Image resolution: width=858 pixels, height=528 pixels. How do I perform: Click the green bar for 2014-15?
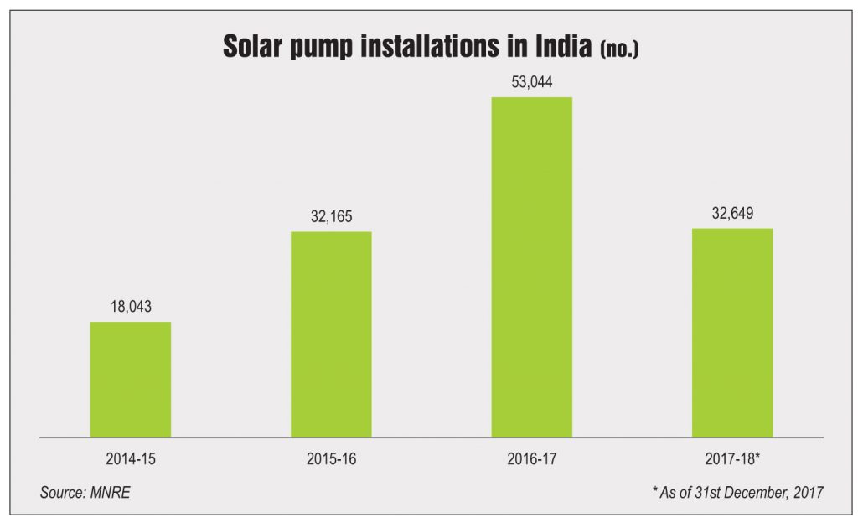coord(131,380)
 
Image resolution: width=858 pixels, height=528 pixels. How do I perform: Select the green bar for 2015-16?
coord(331,334)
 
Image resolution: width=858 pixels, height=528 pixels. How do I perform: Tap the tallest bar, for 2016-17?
coord(531,267)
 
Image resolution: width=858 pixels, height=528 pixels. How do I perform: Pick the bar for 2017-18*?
coord(731,333)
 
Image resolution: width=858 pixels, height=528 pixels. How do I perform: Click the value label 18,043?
coord(131,307)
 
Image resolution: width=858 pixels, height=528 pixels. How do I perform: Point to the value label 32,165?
coord(331,216)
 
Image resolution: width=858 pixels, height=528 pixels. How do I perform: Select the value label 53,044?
coord(531,82)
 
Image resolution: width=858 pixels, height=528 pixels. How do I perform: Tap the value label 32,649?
coord(731,213)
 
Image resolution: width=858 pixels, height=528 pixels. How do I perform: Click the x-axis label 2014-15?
coord(131,459)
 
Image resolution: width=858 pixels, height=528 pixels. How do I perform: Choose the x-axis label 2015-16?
coord(331,459)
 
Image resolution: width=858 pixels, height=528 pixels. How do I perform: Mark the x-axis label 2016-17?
coord(531,459)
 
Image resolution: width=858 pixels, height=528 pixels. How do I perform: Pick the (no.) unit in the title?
coord(619,49)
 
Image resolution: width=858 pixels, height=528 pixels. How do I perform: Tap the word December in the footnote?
coord(756,492)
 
